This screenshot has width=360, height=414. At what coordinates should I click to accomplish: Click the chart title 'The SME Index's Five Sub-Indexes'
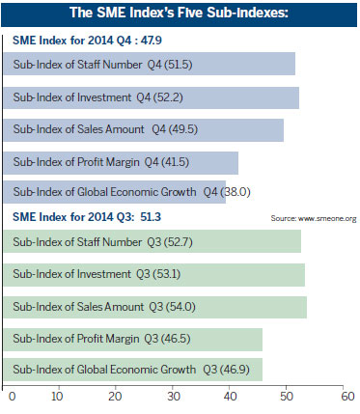click(180, 14)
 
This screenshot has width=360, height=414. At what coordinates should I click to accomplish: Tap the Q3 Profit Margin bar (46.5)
click(135, 340)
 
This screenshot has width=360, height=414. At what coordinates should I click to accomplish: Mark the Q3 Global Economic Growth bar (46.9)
click(135, 369)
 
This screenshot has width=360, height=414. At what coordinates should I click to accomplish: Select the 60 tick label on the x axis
click(342, 396)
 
